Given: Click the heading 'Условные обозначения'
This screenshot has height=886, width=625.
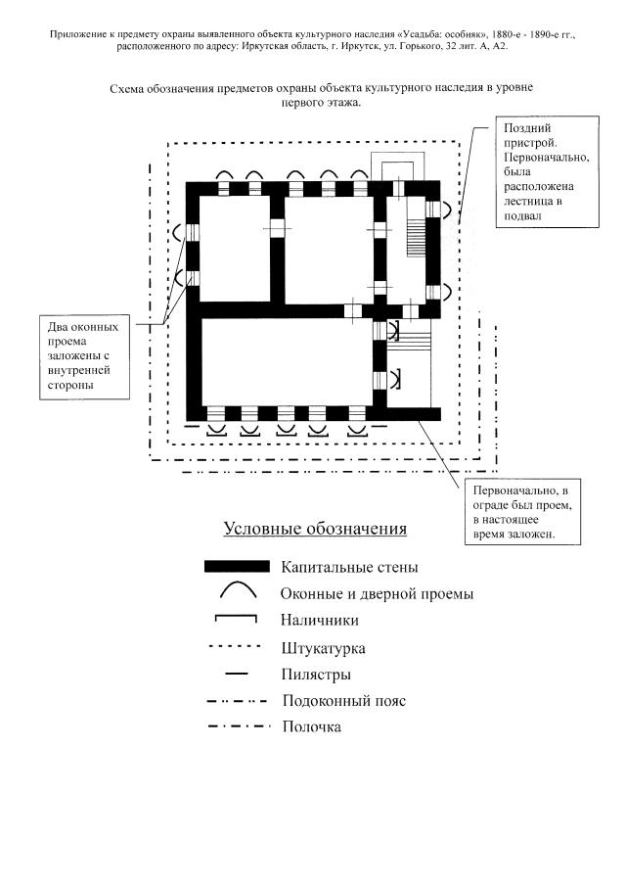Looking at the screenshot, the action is point(314,530).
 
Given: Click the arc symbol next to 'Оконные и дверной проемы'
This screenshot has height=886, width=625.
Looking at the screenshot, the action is point(237,590).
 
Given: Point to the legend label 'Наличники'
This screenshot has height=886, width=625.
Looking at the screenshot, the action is point(319,620).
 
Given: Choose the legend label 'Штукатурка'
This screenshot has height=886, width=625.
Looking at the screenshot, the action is point(323,648).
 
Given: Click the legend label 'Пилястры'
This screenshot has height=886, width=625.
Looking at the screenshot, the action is point(316,675).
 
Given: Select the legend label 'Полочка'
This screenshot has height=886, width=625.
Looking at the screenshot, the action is point(311,726).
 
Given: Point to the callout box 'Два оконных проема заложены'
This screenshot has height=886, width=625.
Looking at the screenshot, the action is point(83,356).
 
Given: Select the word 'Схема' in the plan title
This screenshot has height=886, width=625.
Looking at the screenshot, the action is point(129,88).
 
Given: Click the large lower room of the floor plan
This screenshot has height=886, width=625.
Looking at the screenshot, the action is point(286,362).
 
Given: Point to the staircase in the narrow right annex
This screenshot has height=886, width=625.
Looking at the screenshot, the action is point(416,235).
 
